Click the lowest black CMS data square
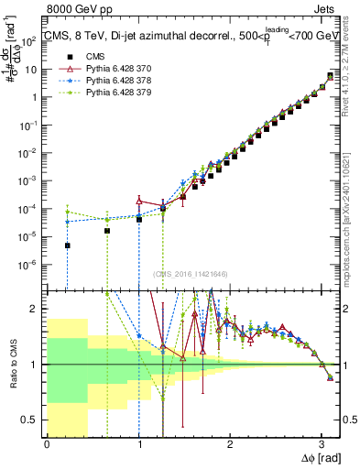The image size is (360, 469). click(67, 245)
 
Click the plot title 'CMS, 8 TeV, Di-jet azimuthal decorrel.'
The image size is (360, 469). click(137, 36)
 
